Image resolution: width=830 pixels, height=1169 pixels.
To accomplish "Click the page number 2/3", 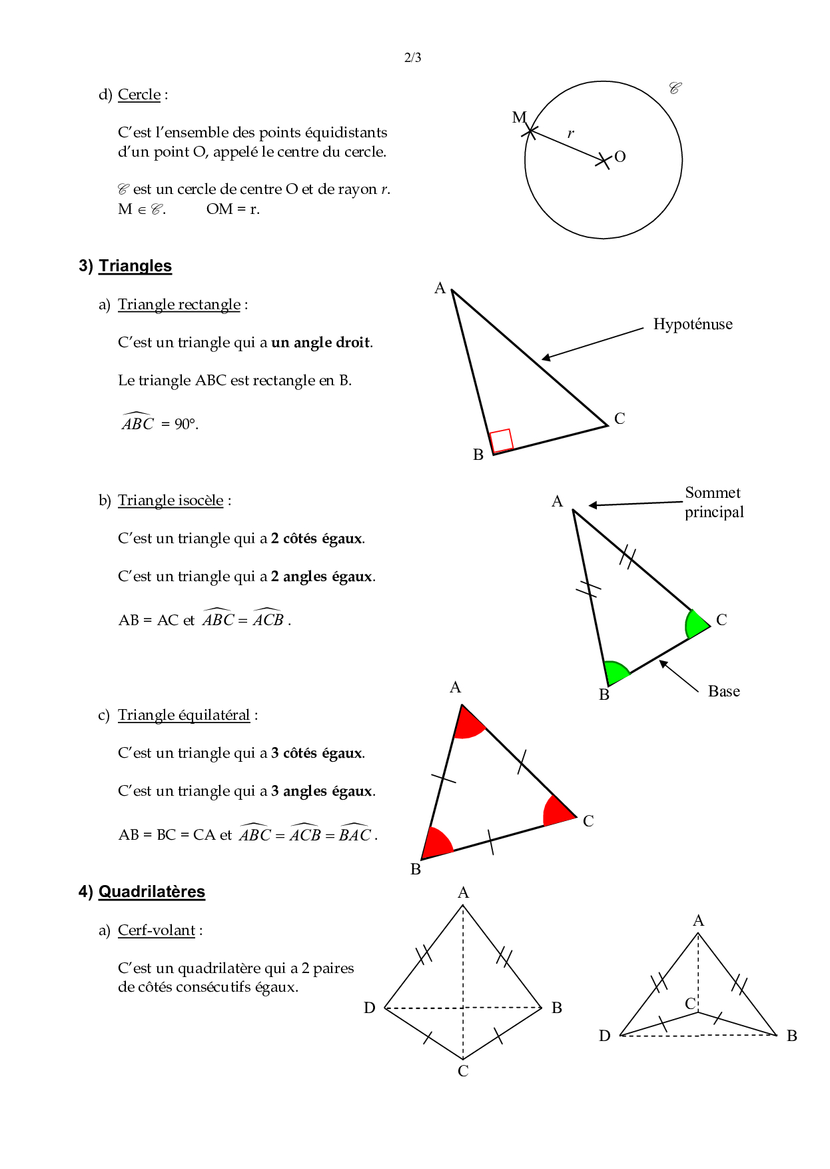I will pos(412,57).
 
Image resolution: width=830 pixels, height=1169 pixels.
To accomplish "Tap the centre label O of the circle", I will pos(620,157).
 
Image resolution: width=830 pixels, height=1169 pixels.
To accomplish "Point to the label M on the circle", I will pos(519,118).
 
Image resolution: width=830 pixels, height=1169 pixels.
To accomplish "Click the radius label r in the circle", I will pos(570,133).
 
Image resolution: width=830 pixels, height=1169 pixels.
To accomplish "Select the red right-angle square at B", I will pos(502,441).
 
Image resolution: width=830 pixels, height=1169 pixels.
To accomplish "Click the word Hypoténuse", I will pos(692,325).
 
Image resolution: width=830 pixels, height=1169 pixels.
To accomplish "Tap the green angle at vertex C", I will pos(695,624).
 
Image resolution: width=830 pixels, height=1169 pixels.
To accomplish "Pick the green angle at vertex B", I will pos(614,672).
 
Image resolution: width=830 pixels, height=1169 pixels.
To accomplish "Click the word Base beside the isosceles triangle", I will pos(723,691).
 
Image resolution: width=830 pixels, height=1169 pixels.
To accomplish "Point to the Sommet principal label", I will pos(713,503).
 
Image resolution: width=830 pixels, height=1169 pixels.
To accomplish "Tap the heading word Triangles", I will pos(135,266).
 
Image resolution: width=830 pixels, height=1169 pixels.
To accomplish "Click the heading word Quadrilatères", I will pos(152,892).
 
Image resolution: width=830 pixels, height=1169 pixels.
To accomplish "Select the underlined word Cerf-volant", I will pos(157,930).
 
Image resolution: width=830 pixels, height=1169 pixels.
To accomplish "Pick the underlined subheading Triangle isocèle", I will pos(171,501).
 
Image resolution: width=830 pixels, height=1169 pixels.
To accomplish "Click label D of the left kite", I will pos(370,1008).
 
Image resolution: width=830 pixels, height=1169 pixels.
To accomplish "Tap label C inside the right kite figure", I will pos(690,1004).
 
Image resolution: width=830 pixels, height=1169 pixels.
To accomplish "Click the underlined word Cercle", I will pos(139,95).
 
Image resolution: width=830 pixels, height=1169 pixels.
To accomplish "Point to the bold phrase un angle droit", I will pos(320,343).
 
